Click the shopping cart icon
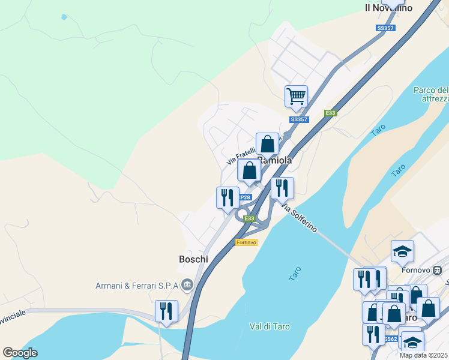click(296, 96)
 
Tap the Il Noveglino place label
click(388, 8)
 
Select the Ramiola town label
click(274, 160)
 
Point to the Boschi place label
click(193, 259)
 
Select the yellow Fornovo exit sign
click(246, 242)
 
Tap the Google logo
click(20, 353)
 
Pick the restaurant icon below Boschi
click(166, 311)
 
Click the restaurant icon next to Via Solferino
click(282, 188)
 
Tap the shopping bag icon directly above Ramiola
click(268, 144)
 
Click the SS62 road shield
click(391, 339)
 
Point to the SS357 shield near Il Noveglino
click(385, 28)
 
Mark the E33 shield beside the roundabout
click(250, 218)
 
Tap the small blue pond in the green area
click(64, 17)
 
